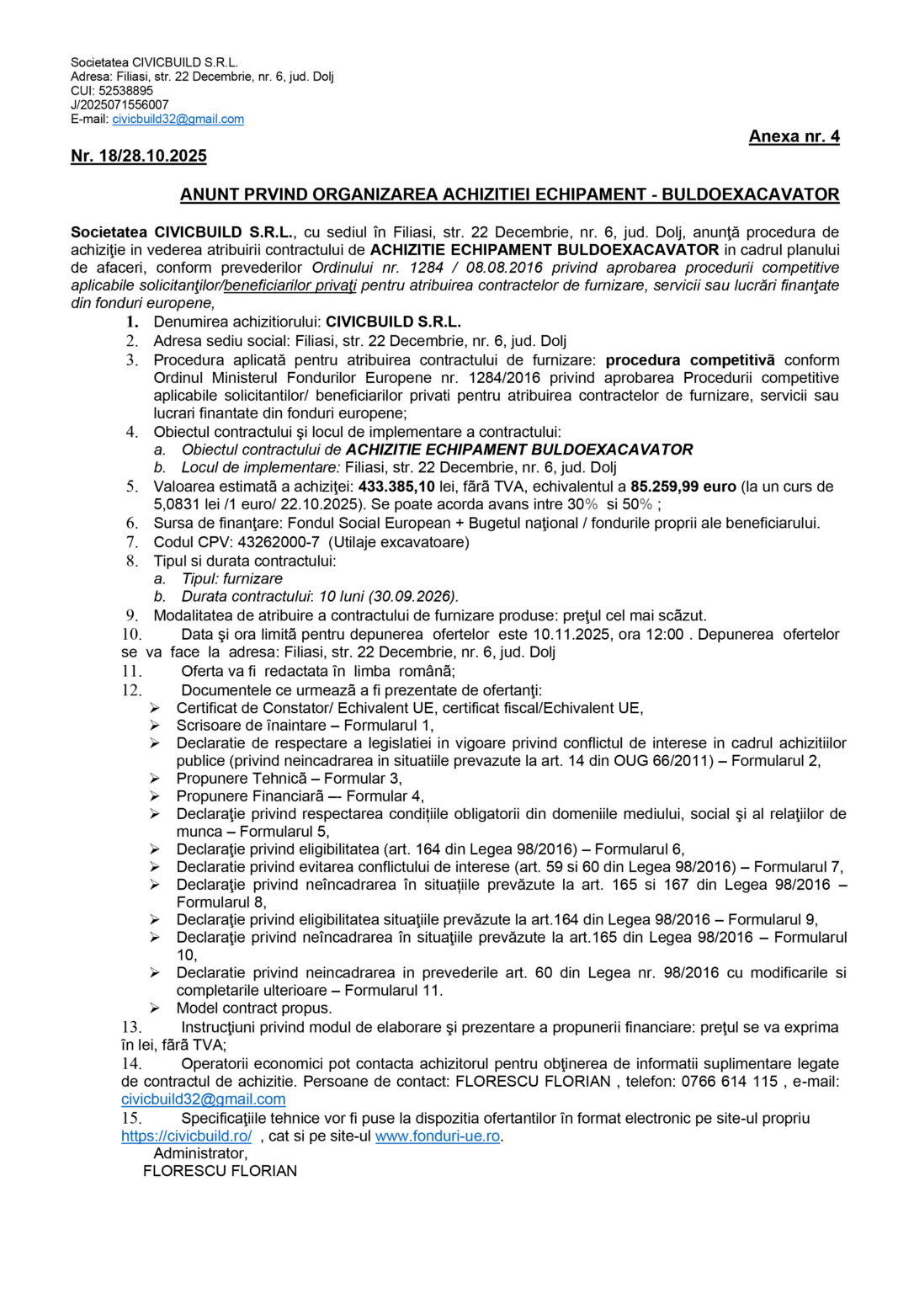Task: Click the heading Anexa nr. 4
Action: tap(794, 136)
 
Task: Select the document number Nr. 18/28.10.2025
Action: tap(139, 156)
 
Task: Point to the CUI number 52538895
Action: tap(126, 91)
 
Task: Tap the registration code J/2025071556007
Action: tap(120, 105)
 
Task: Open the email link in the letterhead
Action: tap(178, 120)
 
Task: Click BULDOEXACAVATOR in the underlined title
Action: tap(750, 194)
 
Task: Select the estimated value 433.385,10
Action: tap(396, 487)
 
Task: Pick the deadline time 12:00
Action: tap(665, 635)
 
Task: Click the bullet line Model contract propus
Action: tap(254, 1008)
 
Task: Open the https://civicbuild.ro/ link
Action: tap(186, 1136)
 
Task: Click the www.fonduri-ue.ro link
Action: tap(438, 1136)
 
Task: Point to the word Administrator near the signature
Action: tap(200, 1154)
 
